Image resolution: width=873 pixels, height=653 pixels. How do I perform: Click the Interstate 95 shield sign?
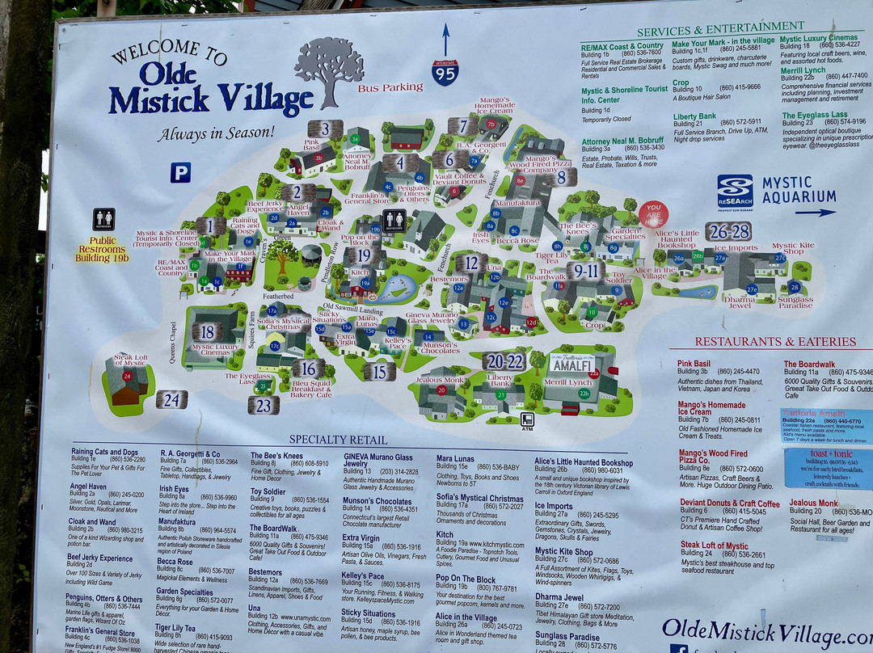click(x=445, y=72)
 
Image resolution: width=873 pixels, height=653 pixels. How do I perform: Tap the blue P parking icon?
click(x=180, y=172)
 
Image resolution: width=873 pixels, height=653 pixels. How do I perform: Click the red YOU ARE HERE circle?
click(x=653, y=214)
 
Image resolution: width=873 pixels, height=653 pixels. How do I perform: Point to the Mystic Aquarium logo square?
click(x=735, y=192)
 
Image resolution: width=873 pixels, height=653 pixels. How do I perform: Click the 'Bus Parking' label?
click(x=390, y=87)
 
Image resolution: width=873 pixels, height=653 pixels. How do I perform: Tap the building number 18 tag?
click(x=207, y=331)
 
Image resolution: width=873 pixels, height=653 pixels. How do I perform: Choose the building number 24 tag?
click(x=171, y=399)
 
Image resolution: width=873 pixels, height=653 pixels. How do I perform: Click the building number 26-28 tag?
click(x=728, y=232)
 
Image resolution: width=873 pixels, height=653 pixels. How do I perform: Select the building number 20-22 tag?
click(x=505, y=361)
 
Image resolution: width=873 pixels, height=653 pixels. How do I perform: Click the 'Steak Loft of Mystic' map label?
click(x=130, y=360)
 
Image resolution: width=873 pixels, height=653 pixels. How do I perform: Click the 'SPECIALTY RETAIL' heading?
click(x=327, y=440)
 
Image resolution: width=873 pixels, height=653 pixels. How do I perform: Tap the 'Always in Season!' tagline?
click(x=216, y=133)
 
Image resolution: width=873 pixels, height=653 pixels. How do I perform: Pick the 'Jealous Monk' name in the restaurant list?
click(x=814, y=503)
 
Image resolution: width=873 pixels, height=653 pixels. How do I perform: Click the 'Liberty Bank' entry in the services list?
click(x=694, y=116)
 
